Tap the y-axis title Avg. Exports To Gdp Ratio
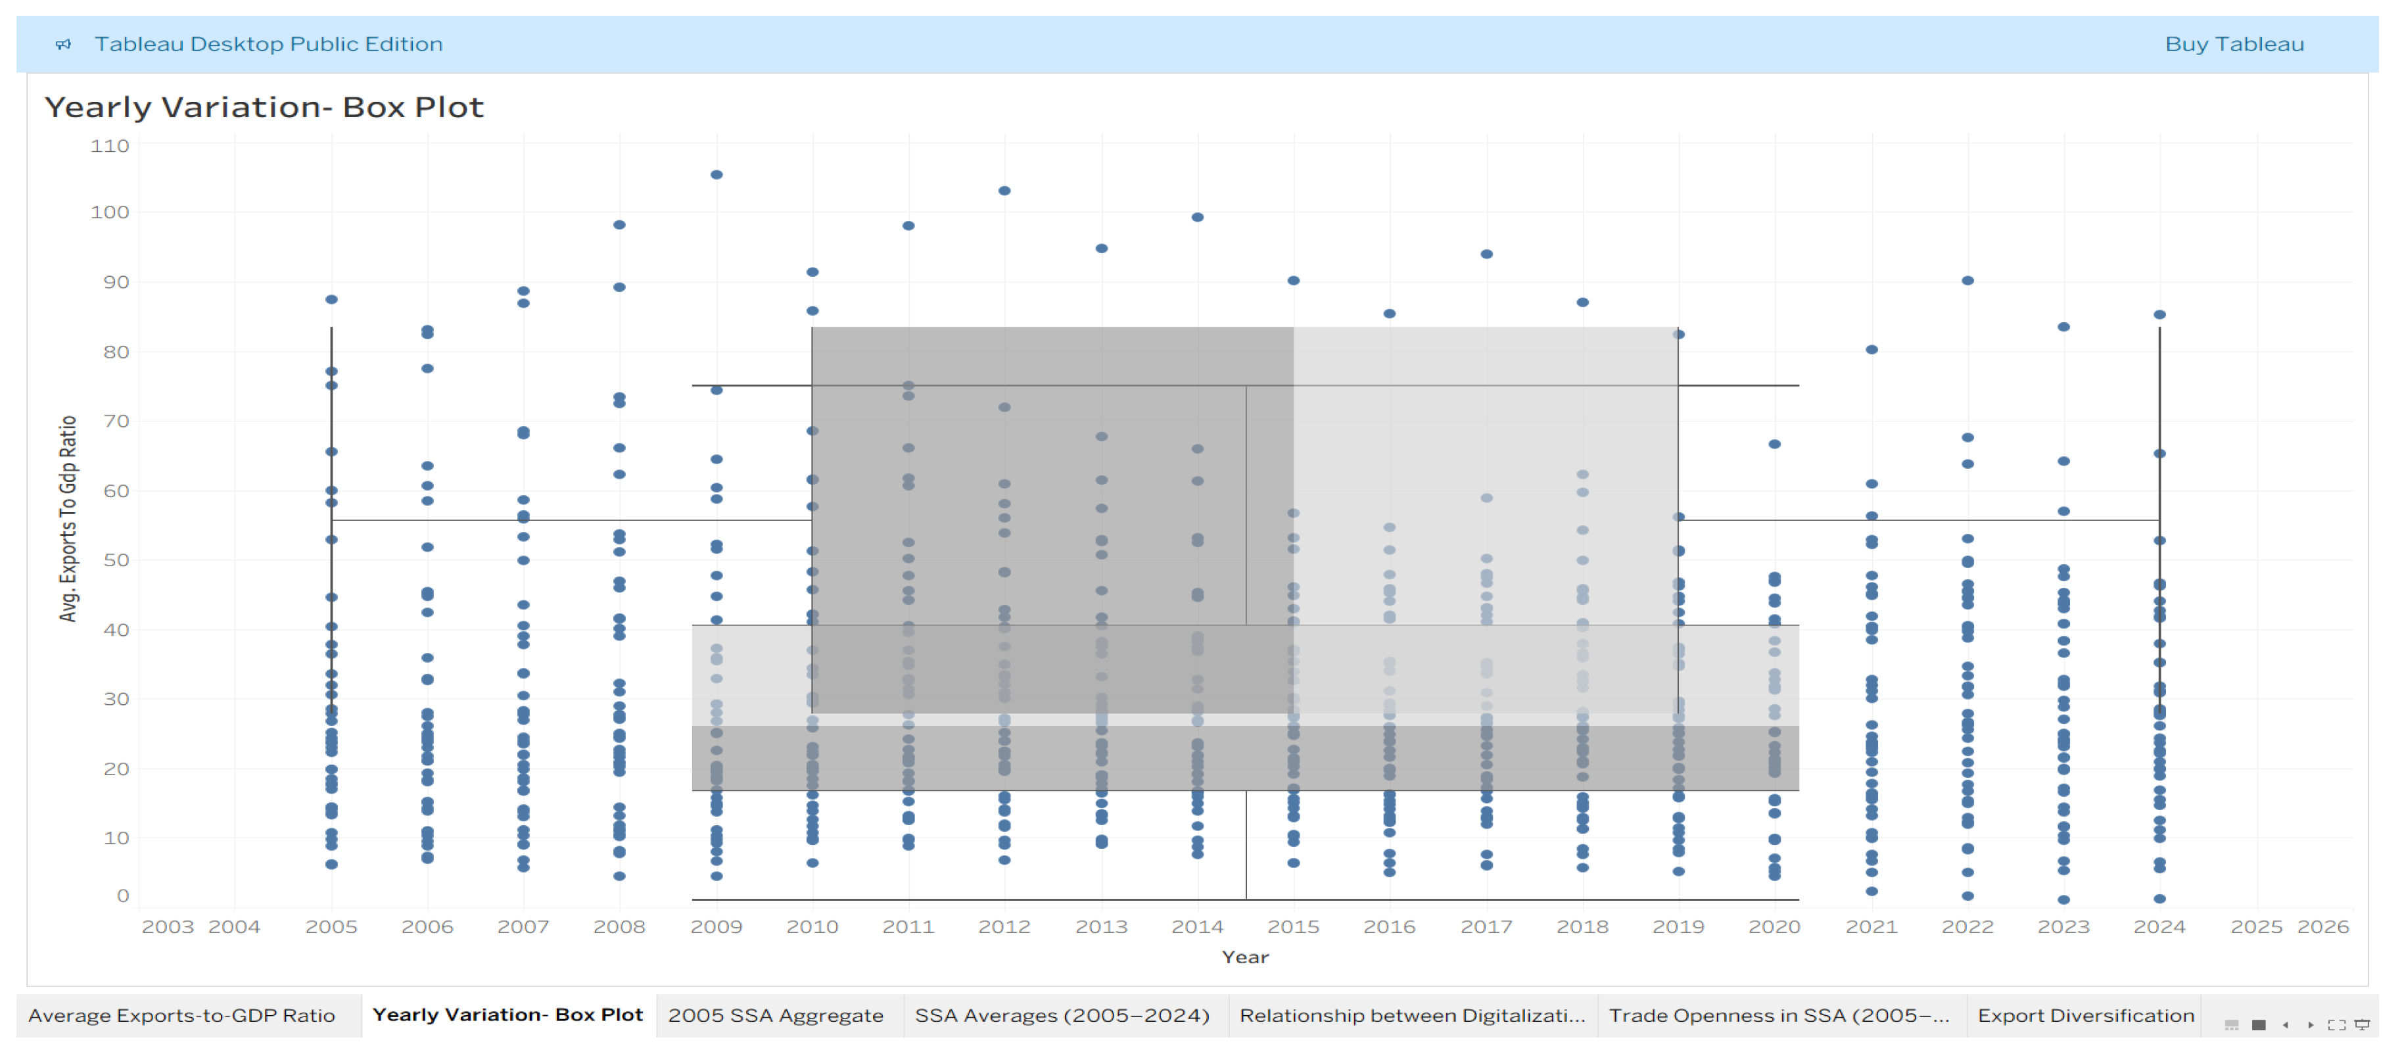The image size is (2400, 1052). [x=68, y=518]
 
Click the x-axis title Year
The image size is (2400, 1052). [x=1245, y=957]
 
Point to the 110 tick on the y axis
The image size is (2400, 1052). [x=110, y=146]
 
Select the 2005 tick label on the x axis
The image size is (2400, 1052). [x=331, y=927]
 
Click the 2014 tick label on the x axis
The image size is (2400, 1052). [x=1197, y=927]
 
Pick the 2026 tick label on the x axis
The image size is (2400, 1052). [x=2322, y=927]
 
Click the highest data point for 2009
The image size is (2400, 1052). [x=717, y=174]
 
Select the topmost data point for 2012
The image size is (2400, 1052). [x=1004, y=191]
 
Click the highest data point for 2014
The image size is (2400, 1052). [x=1197, y=217]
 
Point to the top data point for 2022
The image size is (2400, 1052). [x=1967, y=281]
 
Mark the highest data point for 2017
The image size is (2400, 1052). [x=1487, y=254]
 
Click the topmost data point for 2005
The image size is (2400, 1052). [x=331, y=299]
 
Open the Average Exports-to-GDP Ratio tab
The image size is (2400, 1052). [x=181, y=1016]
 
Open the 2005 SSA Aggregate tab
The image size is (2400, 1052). [x=775, y=1016]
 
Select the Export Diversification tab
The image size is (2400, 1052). [x=2086, y=1016]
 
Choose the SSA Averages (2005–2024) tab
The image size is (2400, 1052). [x=1062, y=1016]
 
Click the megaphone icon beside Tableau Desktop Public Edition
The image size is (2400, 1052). [x=63, y=44]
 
